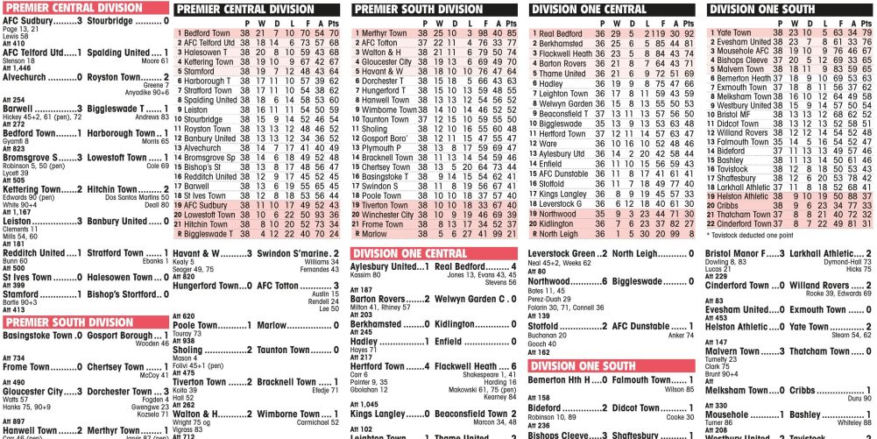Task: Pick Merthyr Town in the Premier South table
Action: click(x=384, y=33)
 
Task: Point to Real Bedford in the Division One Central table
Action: click(x=561, y=33)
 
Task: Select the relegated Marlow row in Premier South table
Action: click(x=374, y=234)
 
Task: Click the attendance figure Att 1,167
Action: click(x=18, y=212)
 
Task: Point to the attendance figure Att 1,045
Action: click(x=365, y=405)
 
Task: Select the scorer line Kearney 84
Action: click(x=499, y=397)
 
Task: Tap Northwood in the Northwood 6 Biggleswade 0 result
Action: click(x=555, y=281)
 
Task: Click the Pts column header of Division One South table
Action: click(x=865, y=22)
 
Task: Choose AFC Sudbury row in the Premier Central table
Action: click(x=206, y=205)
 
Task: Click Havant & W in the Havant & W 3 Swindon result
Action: click(x=196, y=253)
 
